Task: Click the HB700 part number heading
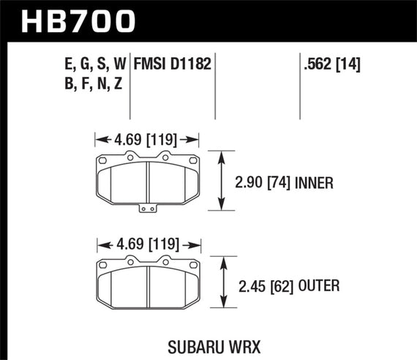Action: tap(80, 20)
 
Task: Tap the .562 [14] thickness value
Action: tap(332, 65)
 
